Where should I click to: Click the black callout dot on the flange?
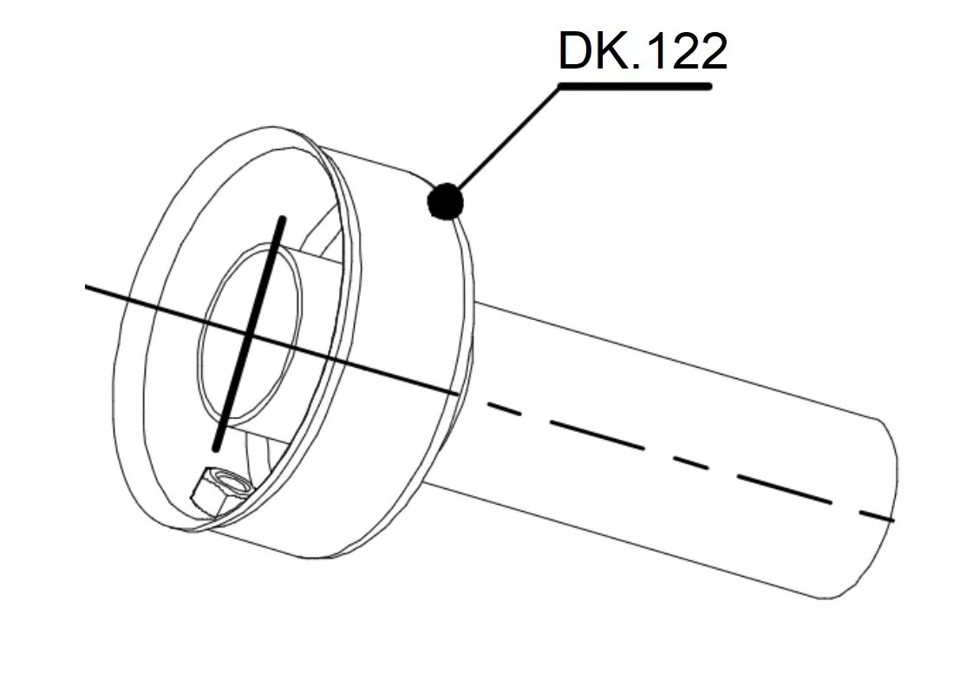coord(446,202)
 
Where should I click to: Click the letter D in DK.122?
coord(576,52)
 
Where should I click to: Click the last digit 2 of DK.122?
coord(709,52)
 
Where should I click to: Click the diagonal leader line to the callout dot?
coord(507,139)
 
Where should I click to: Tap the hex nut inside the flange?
coord(219,490)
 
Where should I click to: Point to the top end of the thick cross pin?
coord(280,220)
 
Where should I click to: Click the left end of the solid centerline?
coord(88,284)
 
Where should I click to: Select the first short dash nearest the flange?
coord(504,409)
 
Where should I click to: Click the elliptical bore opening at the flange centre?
coord(251,333)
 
